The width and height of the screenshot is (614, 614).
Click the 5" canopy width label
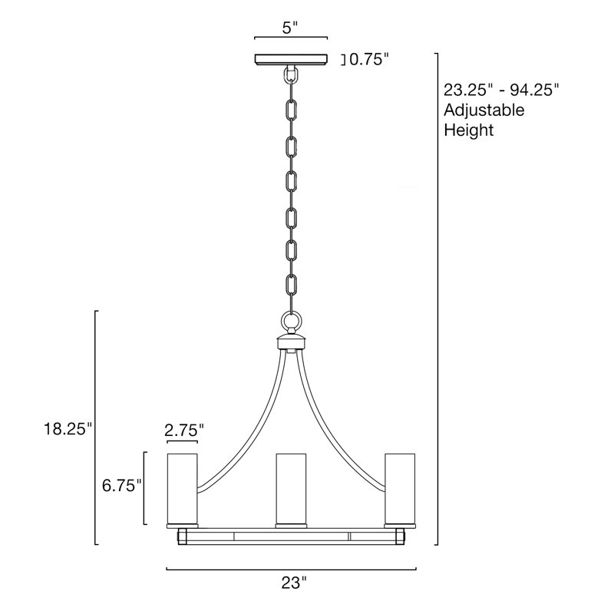[290, 28]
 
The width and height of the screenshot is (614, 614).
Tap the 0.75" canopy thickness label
[369, 60]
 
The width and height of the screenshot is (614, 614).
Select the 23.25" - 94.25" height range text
[501, 91]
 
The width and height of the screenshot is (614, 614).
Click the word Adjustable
[484, 111]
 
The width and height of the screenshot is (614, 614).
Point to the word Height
[469, 130]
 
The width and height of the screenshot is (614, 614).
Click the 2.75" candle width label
[184, 431]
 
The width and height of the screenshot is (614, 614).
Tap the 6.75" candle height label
[121, 486]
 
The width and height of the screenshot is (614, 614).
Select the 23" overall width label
[294, 583]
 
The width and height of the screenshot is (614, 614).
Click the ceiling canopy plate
[291, 60]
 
